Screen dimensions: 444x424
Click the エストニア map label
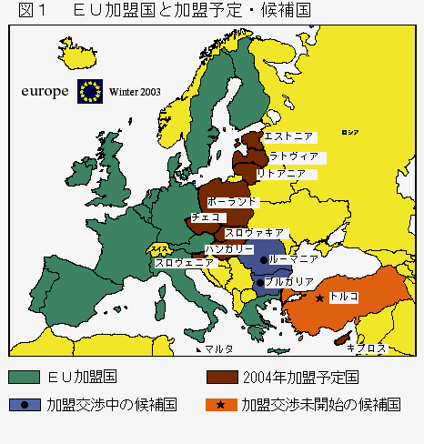289,136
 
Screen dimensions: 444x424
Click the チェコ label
203,218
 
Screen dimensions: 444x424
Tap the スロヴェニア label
184,263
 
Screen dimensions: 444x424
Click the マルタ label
218,348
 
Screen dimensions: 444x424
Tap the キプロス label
368,348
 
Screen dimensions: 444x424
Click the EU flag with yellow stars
90,91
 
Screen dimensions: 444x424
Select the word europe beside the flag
45,91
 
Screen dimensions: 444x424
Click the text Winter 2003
135,93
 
